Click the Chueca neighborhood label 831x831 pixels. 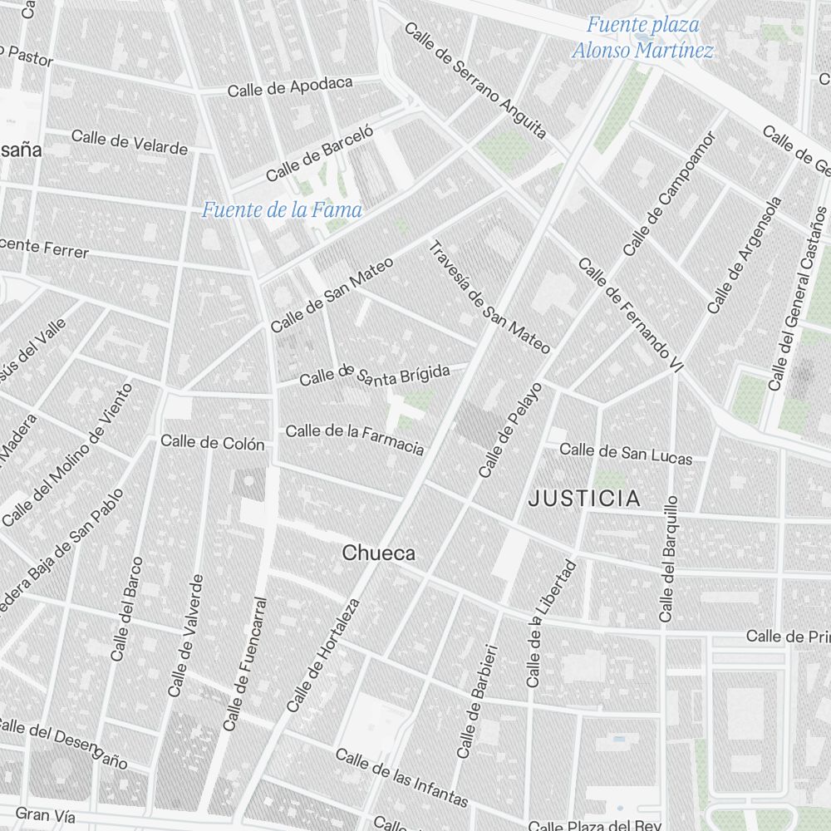[x=378, y=553]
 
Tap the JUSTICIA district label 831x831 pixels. [x=585, y=499]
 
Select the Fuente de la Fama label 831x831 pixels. [x=282, y=210]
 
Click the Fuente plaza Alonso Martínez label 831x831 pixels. [x=642, y=37]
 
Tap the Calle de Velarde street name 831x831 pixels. [x=130, y=141]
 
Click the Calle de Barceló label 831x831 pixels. [x=320, y=152]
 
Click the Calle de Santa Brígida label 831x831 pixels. [x=374, y=375]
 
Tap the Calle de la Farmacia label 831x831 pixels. [x=355, y=439]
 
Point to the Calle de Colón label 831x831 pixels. [x=213, y=442]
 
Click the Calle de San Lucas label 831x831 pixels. [x=625, y=452]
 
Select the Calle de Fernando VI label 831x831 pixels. [x=629, y=315]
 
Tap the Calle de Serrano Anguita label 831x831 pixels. [x=475, y=80]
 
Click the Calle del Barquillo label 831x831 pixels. [x=668, y=558]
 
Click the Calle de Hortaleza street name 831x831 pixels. [x=323, y=656]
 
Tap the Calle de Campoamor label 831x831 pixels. [x=669, y=193]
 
